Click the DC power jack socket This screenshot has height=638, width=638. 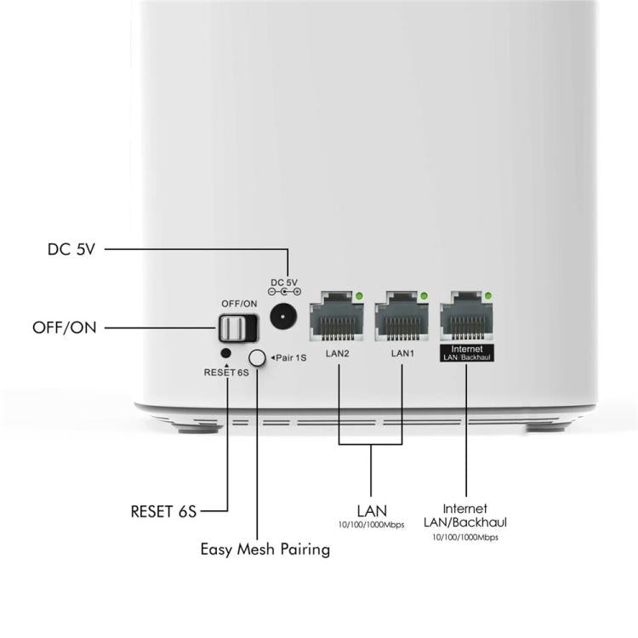pyautogui.click(x=283, y=316)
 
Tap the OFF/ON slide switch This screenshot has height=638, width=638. pyautogui.click(x=237, y=328)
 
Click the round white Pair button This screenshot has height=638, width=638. pyautogui.click(x=257, y=358)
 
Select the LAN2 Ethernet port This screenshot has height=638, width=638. pyautogui.click(x=337, y=316)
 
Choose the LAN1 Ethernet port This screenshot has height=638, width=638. pyautogui.click(x=402, y=316)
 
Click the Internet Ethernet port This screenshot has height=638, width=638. pyautogui.click(x=467, y=316)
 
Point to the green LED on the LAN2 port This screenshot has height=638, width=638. pyautogui.click(x=359, y=296)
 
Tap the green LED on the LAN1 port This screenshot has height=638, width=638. pyautogui.click(x=424, y=296)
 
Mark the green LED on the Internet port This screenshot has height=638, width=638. pyautogui.click(x=488, y=296)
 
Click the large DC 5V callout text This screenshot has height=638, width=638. pyautogui.click(x=71, y=249)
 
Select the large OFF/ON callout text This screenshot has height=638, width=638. pyautogui.click(x=65, y=328)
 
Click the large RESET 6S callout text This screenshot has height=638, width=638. pyautogui.click(x=163, y=511)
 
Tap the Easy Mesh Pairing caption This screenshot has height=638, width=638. pyautogui.click(x=265, y=550)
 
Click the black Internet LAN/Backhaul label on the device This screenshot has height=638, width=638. pyautogui.click(x=467, y=353)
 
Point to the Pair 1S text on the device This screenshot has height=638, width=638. pyautogui.click(x=288, y=358)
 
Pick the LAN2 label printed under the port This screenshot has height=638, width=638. pyautogui.click(x=338, y=353)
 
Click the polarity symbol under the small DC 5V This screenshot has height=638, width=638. pyautogui.click(x=284, y=291)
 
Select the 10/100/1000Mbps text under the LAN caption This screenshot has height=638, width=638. pyautogui.click(x=371, y=525)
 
